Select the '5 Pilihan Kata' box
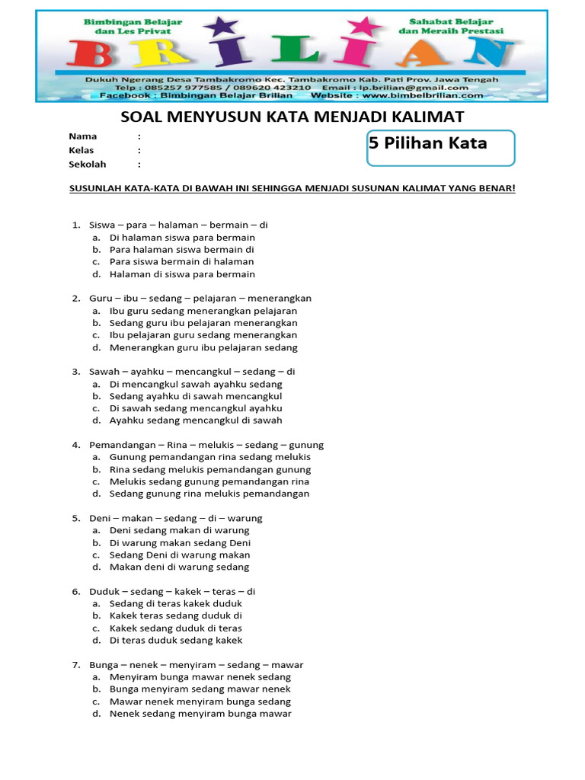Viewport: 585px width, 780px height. coord(440,147)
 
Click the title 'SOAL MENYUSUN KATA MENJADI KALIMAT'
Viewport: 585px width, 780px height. coord(292,117)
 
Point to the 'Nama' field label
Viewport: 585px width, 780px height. coord(82,136)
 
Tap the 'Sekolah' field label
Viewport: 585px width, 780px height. coord(87,165)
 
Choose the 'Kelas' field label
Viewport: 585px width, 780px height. coord(82,151)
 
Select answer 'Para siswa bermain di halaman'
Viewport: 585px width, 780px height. coord(181,262)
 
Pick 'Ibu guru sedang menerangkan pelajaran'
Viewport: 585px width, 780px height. coord(203,311)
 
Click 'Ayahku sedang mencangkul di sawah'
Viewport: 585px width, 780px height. coord(196,420)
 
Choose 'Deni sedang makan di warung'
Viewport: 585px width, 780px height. coord(179,530)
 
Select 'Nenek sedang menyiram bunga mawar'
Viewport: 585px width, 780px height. coord(200,714)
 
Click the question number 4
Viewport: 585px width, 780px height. coord(76,445)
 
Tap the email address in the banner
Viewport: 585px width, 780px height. coord(410,88)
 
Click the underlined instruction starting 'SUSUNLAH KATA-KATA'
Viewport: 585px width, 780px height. coord(292,188)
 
